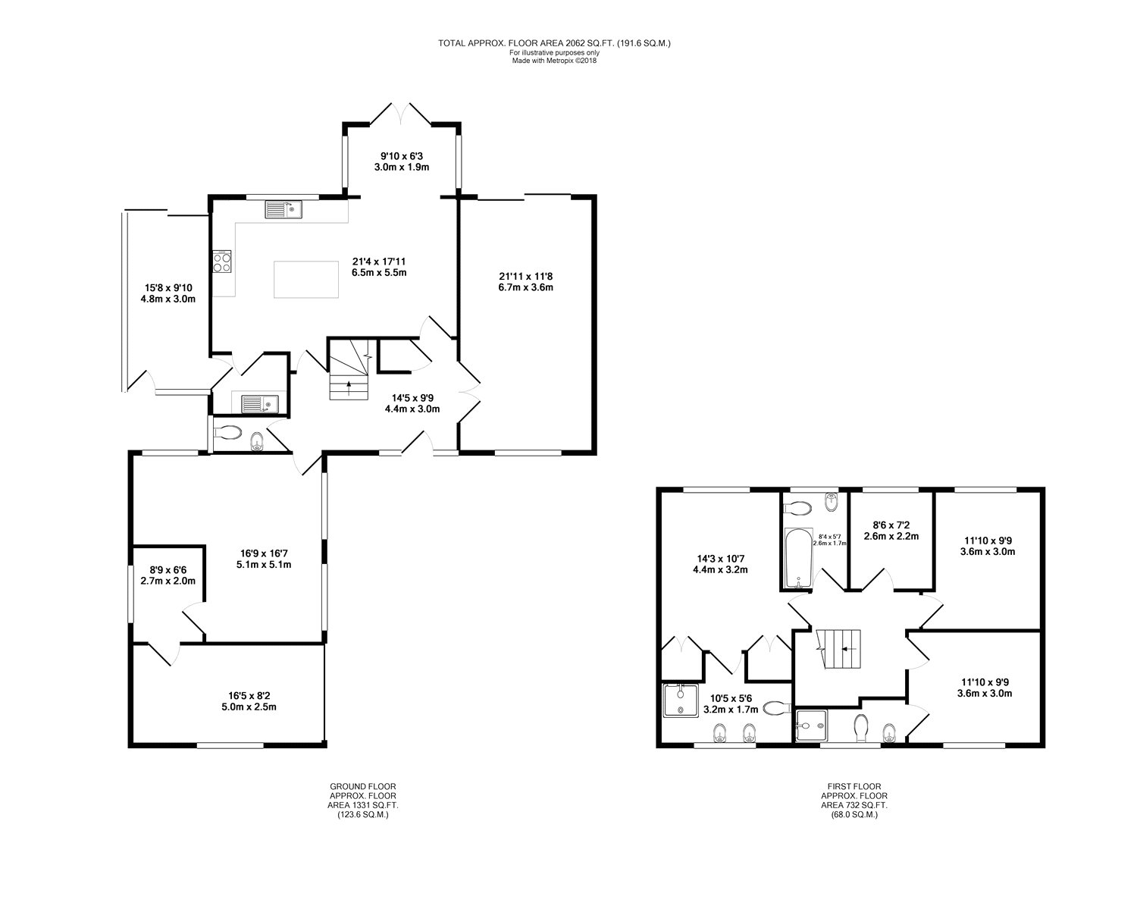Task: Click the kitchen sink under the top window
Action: coord(283,209)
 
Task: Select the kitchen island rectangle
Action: coord(306,280)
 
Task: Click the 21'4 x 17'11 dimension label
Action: coord(379,262)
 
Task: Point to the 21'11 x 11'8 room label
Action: coord(526,277)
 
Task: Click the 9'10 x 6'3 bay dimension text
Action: coord(402,156)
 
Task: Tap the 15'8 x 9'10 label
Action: coord(168,288)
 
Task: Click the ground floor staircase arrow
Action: coord(348,387)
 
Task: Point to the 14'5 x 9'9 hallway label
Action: coord(412,398)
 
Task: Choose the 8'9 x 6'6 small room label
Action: coord(168,570)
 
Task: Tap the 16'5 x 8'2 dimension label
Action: coord(249,696)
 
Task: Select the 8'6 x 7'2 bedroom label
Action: coord(891,525)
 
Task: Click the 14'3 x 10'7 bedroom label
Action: coord(720,559)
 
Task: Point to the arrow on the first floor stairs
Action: coord(848,649)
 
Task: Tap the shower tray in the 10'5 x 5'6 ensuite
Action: coord(681,700)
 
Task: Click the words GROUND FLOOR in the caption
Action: coord(363,787)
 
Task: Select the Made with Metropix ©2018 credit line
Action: coord(554,61)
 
